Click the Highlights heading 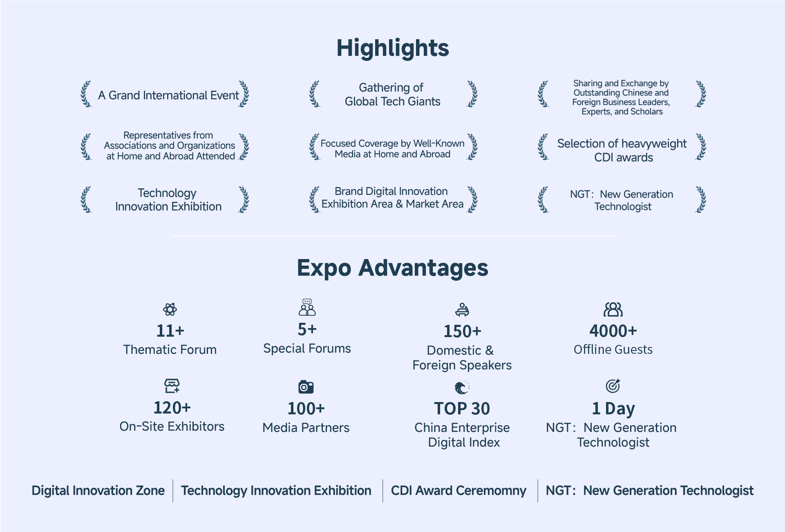tap(393, 49)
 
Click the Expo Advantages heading tap(393, 268)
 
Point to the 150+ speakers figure tap(463, 331)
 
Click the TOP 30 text tap(462, 409)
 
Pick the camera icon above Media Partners tap(306, 387)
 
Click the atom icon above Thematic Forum tap(170, 309)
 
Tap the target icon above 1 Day tap(613, 385)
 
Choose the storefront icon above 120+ tap(172, 385)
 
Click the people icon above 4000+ tap(613, 310)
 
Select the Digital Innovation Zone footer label tap(98, 491)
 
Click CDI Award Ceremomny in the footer tap(458, 491)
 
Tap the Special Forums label tap(307, 349)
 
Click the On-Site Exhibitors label tap(172, 427)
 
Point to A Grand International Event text tap(168, 96)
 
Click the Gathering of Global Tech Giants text tap(393, 94)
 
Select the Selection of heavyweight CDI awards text tap(622, 150)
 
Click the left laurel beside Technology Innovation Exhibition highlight tap(86, 200)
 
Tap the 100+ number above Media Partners tap(306, 409)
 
